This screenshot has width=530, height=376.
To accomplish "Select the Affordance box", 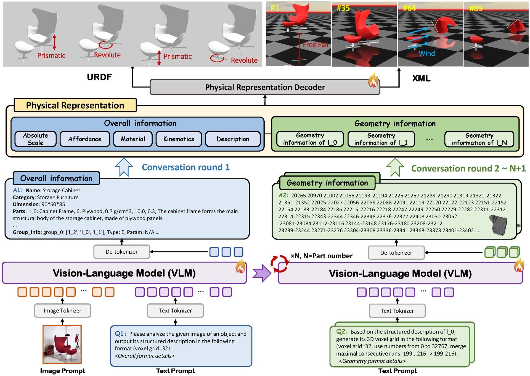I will click(85, 139).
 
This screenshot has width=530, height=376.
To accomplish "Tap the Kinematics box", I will click(179, 139).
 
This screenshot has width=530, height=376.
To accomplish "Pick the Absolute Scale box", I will click(35, 139).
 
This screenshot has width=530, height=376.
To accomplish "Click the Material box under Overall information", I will click(133, 139).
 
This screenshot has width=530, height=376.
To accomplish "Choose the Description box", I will click(233, 139).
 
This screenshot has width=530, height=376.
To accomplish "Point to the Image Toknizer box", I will click(62, 311).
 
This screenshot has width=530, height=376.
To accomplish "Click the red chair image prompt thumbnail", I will click(62, 345).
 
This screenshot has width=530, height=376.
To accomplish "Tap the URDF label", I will click(99, 77).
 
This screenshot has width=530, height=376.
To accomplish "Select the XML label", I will click(421, 78).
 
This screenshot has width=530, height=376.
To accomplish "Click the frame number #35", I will click(343, 8).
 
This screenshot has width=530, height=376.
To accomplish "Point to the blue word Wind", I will click(426, 53).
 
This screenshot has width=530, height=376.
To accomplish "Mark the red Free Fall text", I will click(315, 45).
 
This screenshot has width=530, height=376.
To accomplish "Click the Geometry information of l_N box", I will click(479, 139).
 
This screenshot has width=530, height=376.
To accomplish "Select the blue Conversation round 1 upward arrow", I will click(124, 167).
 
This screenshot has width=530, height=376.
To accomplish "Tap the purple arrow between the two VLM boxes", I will click(262, 273).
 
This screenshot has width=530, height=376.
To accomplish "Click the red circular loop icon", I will click(279, 264).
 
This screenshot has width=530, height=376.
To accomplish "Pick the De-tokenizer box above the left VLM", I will click(122, 252).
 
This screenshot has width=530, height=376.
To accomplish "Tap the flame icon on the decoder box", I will click(373, 80).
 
